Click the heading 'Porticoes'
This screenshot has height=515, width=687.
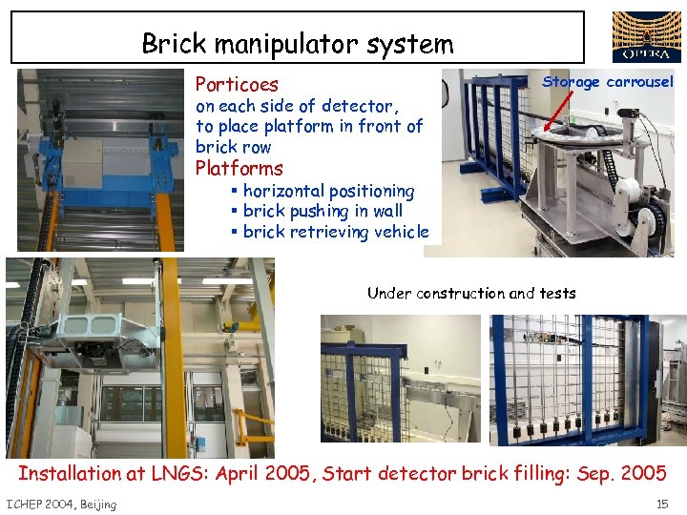click(x=237, y=85)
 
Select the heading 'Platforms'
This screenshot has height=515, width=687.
click(x=239, y=169)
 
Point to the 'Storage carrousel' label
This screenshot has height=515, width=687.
click(x=608, y=82)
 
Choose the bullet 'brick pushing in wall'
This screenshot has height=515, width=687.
click(x=323, y=211)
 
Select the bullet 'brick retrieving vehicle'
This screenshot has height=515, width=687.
click(x=335, y=231)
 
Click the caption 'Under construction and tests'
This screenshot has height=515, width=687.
click(x=471, y=293)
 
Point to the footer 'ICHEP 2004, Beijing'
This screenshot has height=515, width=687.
click(x=61, y=505)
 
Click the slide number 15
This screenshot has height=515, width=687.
click(x=662, y=504)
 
